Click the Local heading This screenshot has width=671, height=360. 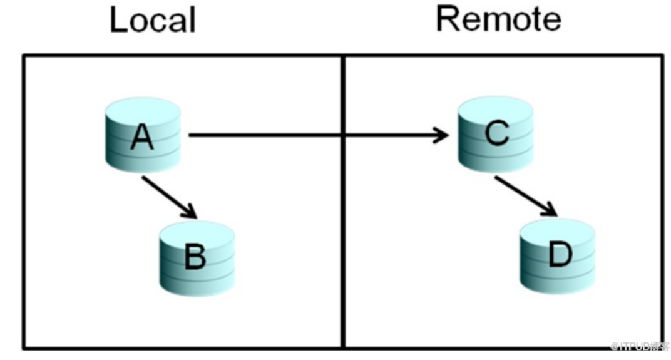point(152,20)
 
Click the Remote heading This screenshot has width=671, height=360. point(498,19)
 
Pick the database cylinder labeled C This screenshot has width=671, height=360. point(495,133)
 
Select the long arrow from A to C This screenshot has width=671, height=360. point(313,134)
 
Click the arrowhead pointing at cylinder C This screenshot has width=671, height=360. point(442,134)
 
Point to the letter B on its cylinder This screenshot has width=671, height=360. point(195,257)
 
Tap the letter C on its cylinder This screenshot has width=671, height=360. point(496,133)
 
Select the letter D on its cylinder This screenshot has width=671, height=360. point(560,254)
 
